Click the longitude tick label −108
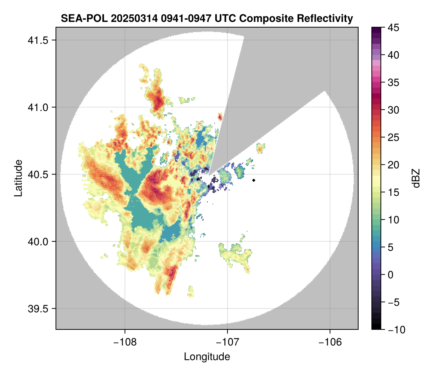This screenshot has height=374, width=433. click(124, 342)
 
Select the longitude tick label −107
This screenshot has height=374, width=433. click(227, 342)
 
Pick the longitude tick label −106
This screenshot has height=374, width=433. click(330, 342)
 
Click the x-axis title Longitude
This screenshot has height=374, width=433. click(207, 357)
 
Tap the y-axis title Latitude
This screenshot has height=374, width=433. click(18, 178)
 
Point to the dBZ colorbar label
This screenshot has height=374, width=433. click(416, 178)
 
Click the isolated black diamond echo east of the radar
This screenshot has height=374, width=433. click(254, 180)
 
